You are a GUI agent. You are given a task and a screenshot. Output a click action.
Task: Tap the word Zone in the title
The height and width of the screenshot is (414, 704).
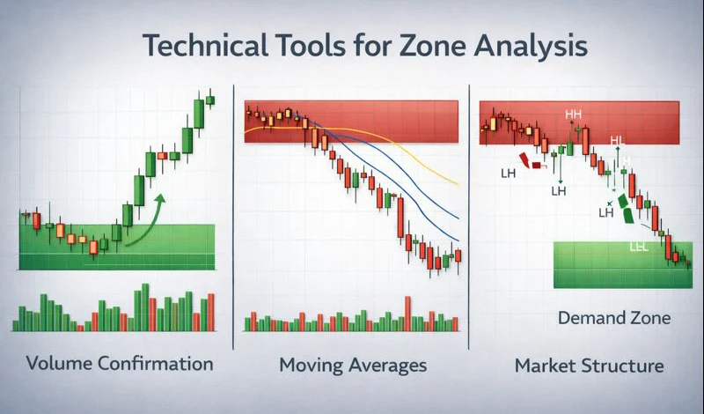(436, 46)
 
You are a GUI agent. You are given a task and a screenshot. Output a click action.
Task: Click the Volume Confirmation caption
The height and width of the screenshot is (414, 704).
(120, 363)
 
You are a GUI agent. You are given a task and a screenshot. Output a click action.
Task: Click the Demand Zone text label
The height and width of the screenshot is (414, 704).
(614, 318)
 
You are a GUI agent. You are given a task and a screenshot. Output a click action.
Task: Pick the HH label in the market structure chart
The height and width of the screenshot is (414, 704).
(574, 115)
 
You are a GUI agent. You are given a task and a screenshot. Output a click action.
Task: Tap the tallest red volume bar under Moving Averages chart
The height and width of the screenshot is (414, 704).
(407, 313)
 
